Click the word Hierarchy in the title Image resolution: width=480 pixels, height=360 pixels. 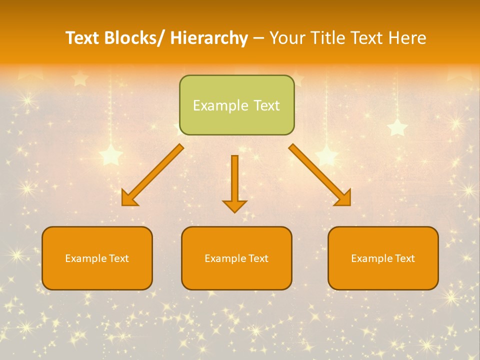tap(209, 38)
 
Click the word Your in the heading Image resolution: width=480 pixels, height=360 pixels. tap(285, 38)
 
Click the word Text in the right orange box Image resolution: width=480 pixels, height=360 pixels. tap(404, 258)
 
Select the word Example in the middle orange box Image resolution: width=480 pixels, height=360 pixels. tap(222, 258)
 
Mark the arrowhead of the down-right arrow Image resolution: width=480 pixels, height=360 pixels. tap(343, 198)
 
